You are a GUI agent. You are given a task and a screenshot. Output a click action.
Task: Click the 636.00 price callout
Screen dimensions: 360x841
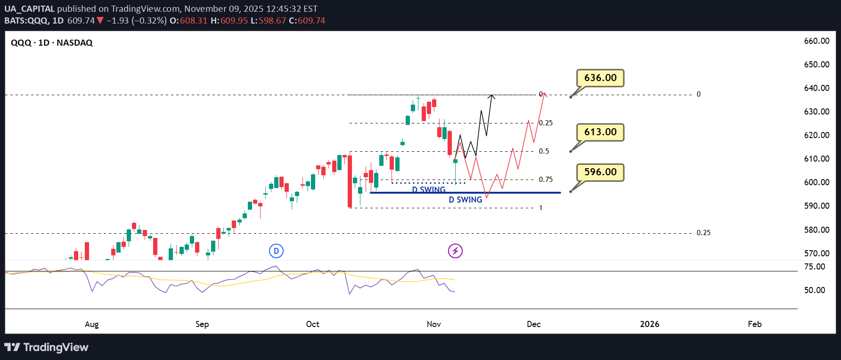tap(600, 78)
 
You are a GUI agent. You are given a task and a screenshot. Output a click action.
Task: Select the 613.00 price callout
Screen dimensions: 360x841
tap(600, 132)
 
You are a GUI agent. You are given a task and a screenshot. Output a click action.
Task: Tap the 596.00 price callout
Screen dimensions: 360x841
tap(600, 172)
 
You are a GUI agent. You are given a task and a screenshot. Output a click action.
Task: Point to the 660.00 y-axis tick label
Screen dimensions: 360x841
tap(817, 41)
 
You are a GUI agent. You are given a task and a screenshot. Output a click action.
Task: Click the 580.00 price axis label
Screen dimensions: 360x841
tap(817, 230)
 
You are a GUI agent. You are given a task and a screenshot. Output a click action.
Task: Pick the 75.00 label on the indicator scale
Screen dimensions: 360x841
tap(815, 267)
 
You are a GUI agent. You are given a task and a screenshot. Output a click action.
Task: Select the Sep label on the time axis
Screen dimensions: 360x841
tap(202, 324)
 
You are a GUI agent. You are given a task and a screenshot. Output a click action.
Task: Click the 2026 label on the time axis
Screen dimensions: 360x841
tap(649, 324)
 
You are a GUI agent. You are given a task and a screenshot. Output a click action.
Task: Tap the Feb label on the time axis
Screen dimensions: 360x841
tap(754, 324)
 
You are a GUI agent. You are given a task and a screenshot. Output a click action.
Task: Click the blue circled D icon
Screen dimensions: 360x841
tap(276, 251)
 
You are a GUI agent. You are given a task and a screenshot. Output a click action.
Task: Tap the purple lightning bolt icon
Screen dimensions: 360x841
tap(455, 251)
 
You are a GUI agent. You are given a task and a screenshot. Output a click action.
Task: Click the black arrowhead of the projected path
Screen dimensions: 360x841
tap(491, 97)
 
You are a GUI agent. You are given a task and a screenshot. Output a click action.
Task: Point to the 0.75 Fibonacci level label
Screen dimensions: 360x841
tap(546, 180)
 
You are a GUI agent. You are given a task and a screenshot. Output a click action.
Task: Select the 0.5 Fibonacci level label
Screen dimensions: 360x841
tap(544, 151)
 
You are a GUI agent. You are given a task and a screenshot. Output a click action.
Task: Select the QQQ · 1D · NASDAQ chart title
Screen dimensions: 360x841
tap(52, 43)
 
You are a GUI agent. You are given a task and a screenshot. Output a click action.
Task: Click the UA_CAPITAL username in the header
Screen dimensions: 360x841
tap(29, 9)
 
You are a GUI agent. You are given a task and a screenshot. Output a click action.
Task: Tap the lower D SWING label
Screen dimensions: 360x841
tap(465, 200)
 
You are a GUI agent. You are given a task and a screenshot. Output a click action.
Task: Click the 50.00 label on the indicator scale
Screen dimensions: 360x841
tap(815, 290)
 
